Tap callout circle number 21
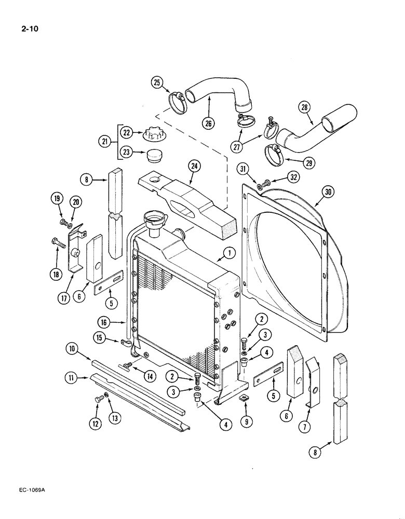tap(106, 141)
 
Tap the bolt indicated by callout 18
tap(58, 242)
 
